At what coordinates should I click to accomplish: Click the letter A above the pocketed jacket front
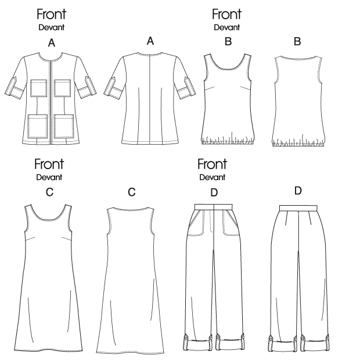52,43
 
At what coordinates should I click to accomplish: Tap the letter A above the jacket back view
150,41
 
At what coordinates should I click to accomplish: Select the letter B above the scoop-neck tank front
228,42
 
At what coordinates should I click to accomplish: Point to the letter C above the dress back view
132,192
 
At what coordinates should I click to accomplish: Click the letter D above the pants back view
298,191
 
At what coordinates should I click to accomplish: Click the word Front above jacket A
52,14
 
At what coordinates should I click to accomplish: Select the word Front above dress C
49,164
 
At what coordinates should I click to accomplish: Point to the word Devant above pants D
213,177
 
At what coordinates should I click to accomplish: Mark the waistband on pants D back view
298,207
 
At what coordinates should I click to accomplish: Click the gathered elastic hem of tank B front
227,140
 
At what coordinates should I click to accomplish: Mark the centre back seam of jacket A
150,99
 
